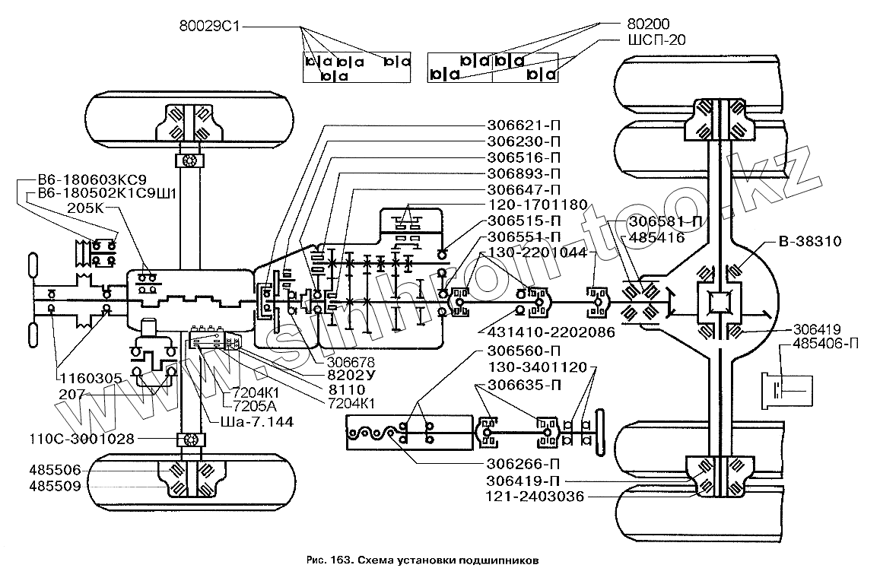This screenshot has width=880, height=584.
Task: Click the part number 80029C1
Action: coord(210,26)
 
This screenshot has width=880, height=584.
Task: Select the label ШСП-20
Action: coord(656,40)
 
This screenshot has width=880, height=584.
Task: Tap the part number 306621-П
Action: coord(523,125)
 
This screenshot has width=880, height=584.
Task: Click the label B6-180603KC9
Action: coord(92,179)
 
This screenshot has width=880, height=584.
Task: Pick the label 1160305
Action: coord(91,378)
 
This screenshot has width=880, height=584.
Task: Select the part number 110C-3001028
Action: coord(82,438)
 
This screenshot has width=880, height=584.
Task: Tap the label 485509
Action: coord(55,486)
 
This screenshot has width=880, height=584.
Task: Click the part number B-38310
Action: coord(810,241)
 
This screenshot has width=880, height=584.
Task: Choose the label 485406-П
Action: coord(825,344)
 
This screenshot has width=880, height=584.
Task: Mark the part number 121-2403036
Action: coord(535,497)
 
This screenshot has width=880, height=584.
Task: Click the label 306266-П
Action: coord(523,465)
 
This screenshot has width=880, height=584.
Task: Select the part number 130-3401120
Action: coord(538,367)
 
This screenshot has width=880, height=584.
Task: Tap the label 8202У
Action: coord(351,375)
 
